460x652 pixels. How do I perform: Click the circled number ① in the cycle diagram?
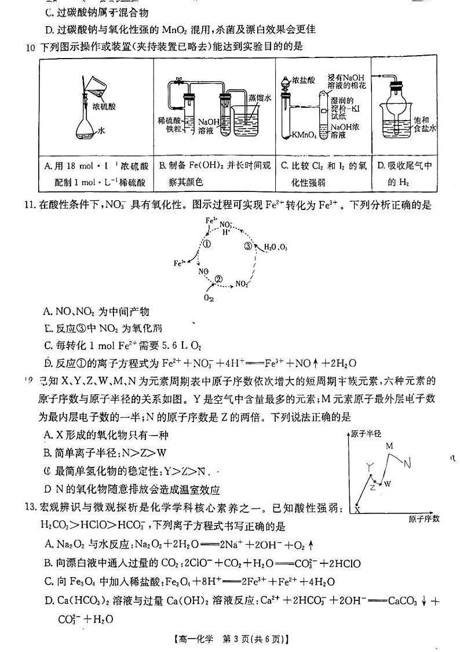(x=206, y=244)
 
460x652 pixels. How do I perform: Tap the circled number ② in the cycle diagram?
(x=218, y=278)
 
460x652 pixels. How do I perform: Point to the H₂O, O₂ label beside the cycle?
(x=276, y=248)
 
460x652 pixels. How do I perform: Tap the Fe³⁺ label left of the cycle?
(x=179, y=263)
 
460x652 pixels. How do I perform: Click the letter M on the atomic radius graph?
(x=389, y=445)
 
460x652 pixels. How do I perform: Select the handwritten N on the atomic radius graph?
(x=408, y=463)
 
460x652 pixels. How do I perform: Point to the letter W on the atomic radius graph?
(x=388, y=483)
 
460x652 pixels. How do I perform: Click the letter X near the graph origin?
(x=357, y=510)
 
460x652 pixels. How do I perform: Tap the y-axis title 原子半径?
(x=366, y=434)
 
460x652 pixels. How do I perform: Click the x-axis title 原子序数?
(x=424, y=518)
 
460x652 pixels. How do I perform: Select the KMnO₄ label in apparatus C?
(x=304, y=135)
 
